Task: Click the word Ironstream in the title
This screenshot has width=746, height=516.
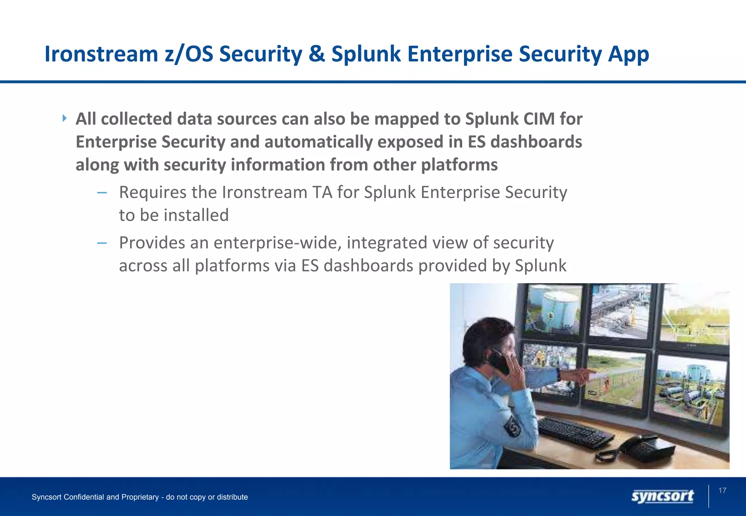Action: click(x=101, y=54)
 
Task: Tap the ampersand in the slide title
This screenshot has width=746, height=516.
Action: click(x=317, y=54)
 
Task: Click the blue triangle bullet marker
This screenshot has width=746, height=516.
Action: click(x=64, y=118)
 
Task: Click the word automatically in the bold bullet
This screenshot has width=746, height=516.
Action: click(x=318, y=142)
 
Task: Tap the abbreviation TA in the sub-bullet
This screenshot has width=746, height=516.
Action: click(x=322, y=192)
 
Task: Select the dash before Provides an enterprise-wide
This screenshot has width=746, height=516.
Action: click(x=102, y=243)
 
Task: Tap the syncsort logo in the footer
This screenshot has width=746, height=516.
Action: click(x=662, y=496)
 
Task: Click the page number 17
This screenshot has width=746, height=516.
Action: click(x=722, y=491)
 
